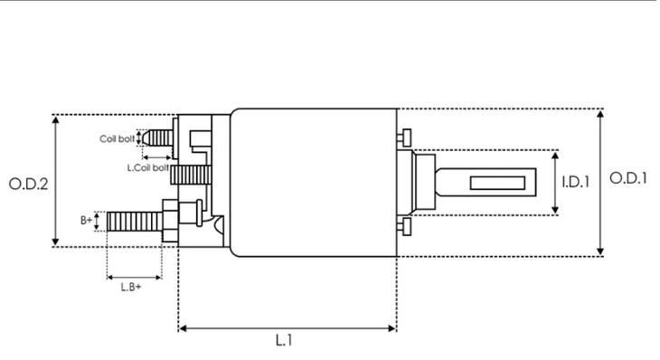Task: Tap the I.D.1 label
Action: [575, 182]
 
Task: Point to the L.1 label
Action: [283, 341]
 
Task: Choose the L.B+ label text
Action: [132, 287]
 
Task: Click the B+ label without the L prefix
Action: [86, 220]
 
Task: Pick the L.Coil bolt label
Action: [147, 167]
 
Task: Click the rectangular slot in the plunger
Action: [504, 184]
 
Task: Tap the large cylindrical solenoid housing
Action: [312, 181]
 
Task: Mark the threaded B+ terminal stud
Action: [131, 220]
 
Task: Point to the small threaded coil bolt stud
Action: [158, 137]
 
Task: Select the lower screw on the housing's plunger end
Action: [404, 225]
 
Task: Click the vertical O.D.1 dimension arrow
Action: [601, 217]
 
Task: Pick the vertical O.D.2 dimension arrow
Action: [57, 217]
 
